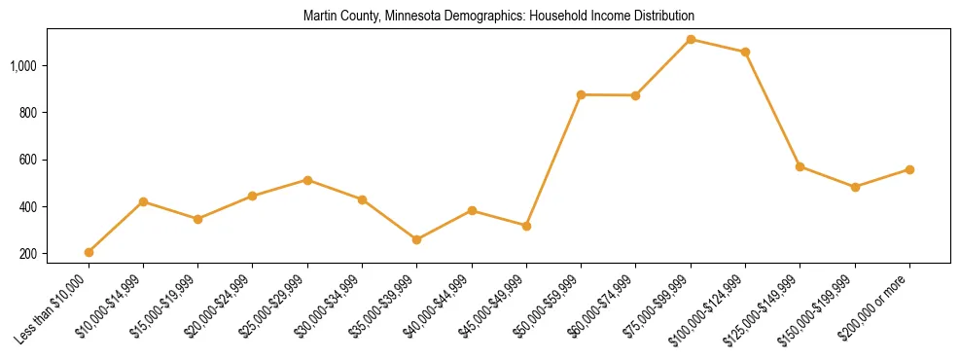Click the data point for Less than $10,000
[89, 252]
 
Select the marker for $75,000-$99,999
[691, 39]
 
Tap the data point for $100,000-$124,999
[745, 52]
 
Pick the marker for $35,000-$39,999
[417, 239]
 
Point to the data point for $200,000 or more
[909, 169]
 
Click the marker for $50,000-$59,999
[581, 94]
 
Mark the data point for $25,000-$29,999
[307, 180]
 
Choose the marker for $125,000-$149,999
[800, 166]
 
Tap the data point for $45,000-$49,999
[526, 226]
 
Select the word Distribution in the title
[665, 17]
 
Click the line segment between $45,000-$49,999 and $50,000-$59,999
[553, 161]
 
